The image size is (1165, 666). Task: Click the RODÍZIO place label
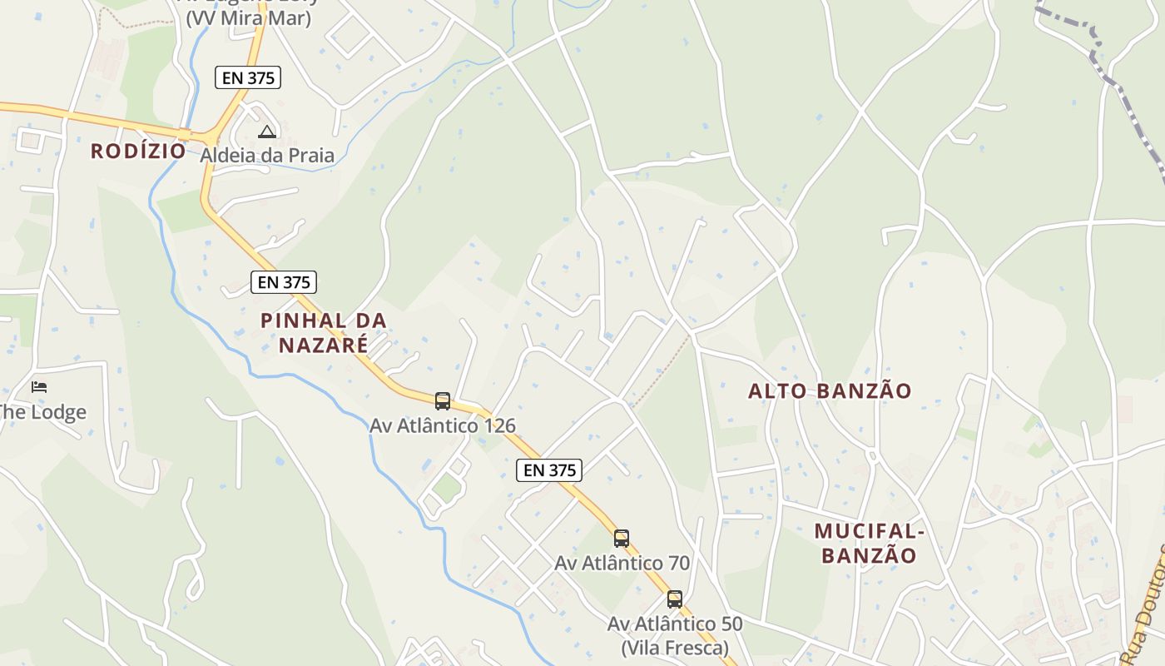tap(138, 151)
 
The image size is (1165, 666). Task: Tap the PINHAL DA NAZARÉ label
tap(324, 332)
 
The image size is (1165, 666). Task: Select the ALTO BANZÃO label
tap(830, 390)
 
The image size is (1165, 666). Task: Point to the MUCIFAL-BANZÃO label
tap(869, 543)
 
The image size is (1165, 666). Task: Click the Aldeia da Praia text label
tap(267, 156)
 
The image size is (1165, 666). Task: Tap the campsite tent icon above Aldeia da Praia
tap(266, 132)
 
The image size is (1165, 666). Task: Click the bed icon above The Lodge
tap(39, 386)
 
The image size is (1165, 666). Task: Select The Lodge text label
tap(42, 412)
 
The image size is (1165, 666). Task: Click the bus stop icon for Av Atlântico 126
tap(443, 401)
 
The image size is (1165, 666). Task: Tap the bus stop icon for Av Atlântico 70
tap(622, 538)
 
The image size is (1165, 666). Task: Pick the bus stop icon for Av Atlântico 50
tap(675, 599)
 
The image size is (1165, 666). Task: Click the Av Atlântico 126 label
tap(443, 425)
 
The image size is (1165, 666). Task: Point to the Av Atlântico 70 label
tap(622, 563)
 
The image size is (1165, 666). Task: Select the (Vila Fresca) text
tap(675, 647)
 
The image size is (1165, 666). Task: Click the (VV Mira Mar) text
tap(248, 18)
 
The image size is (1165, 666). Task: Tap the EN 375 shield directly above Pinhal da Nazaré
tap(285, 282)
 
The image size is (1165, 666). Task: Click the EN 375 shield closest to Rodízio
tap(248, 77)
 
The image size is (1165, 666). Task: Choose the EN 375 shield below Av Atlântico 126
tap(549, 470)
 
